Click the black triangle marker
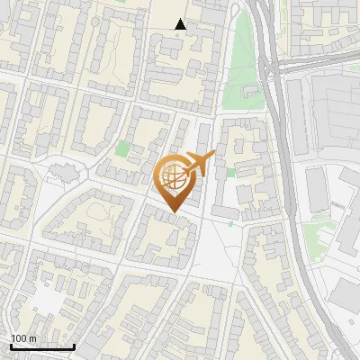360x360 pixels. tap(181, 24)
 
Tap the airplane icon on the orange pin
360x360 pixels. tap(199, 164)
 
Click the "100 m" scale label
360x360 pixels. tap(23, 338)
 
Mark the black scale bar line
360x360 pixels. tap(42, 346)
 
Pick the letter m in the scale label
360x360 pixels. tap(32, 338)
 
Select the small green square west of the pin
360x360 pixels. tap(122, 148)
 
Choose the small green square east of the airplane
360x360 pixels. tap(230, 172)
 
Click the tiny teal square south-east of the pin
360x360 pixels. tap(230, 224)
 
